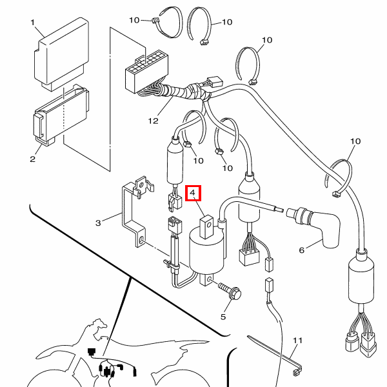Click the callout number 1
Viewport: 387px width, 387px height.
[33, 23]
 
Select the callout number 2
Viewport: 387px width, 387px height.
[33, 159]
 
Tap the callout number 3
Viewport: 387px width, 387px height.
[98, 223]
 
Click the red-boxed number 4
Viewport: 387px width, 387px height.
[193, 193]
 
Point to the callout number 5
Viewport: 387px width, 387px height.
[223, 317]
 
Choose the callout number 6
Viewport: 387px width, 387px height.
[302, 250]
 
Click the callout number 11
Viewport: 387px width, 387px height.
[297, 341]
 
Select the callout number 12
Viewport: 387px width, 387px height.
[153, 121]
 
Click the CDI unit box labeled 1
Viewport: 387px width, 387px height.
[61, 53]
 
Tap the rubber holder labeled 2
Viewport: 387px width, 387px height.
[62, 116]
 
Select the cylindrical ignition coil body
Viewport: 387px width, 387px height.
[207, 253]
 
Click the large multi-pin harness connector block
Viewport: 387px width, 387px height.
[146, 72]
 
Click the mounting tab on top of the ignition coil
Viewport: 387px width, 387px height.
[206, 227]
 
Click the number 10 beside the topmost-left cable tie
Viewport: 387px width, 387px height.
[134, 20]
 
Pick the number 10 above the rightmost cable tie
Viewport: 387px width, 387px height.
[355, 141]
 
